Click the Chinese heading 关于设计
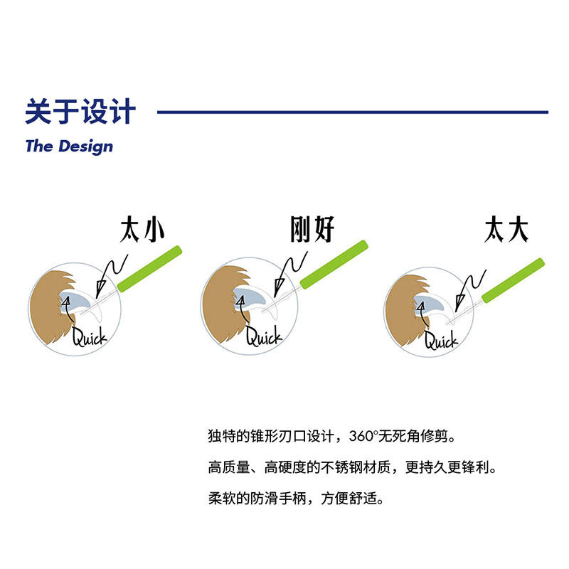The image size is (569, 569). pyautogui.click(x=80, y=112)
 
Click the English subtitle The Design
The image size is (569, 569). pyautogui.click(x=68, y=147)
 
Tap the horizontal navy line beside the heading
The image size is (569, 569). pyautogui.click(x=352, y=112)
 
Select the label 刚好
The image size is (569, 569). pyautogui.click(x=312, y=229)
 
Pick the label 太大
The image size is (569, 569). pyautogui.click(x=506, y=229)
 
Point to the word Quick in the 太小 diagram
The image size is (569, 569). pyautogui.click(x=89, y=335)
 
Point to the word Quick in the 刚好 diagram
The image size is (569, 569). pyautogui.click(x=263, y=336)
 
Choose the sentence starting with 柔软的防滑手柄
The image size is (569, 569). pyautogui.click(x=296, y=499)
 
